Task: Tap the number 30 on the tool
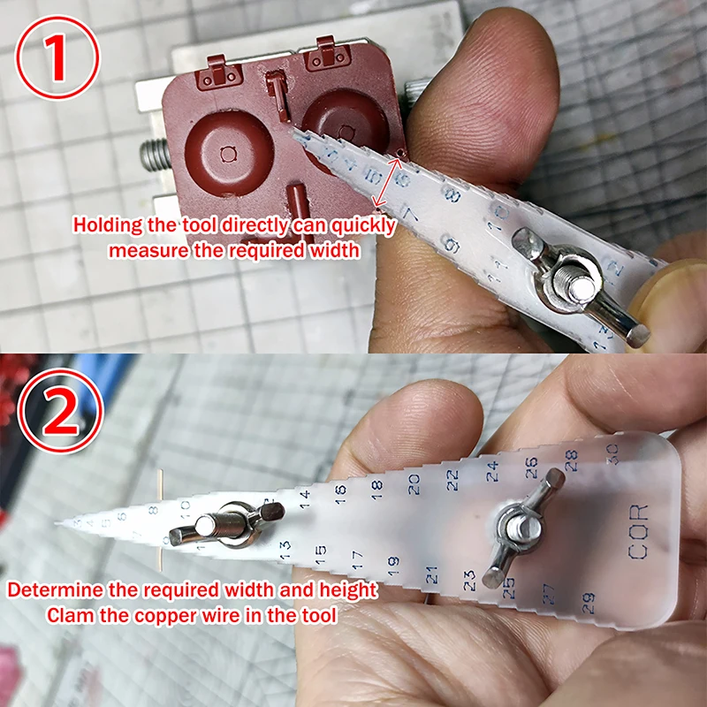pos(611,448)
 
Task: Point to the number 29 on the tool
pos(589,602)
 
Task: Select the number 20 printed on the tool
pos(414,483)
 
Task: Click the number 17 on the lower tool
pos(357,559)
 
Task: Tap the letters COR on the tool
pos(638,532)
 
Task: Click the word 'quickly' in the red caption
pos(357,225)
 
